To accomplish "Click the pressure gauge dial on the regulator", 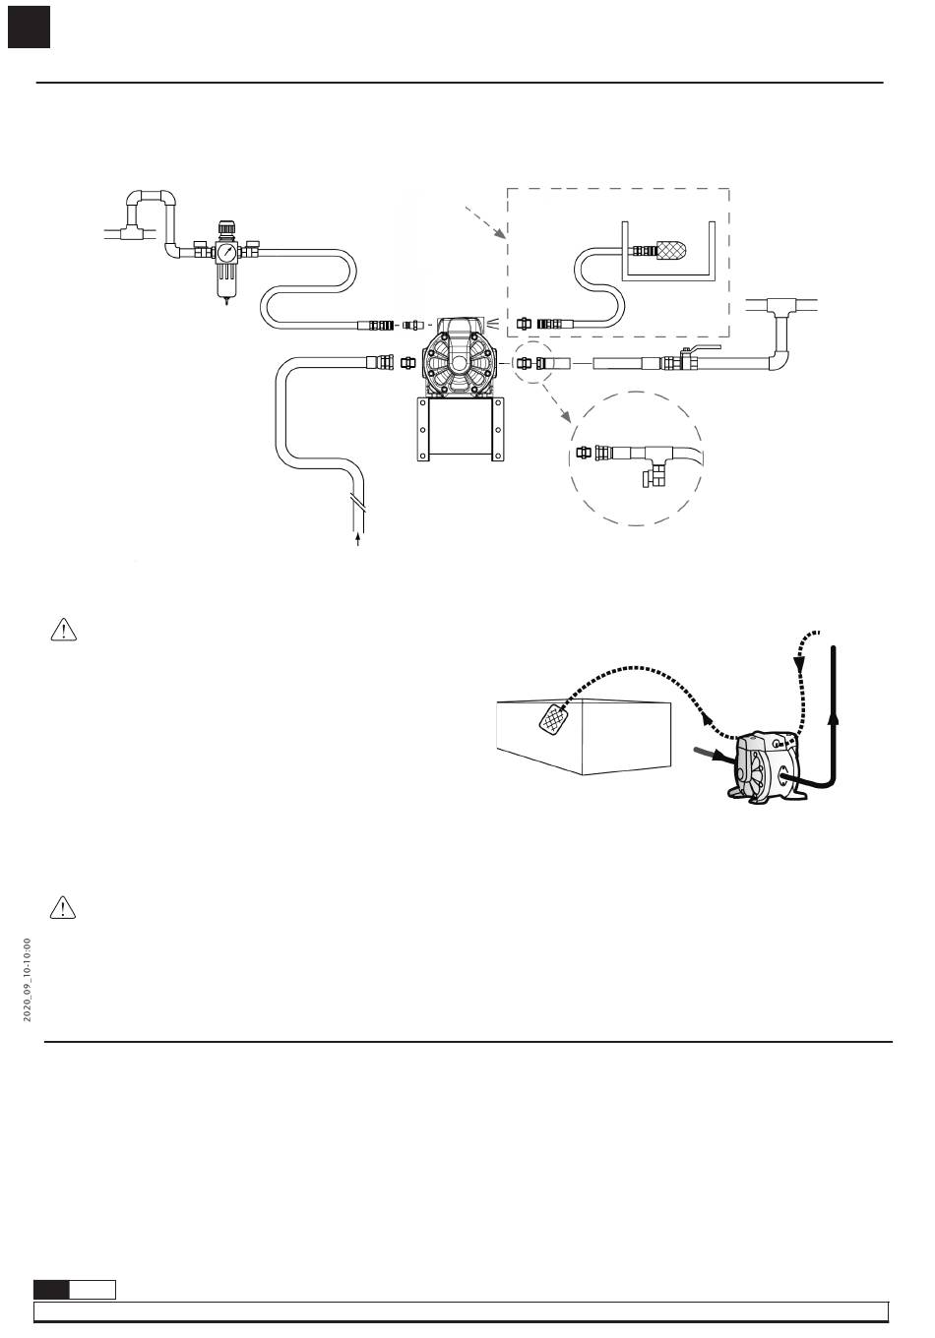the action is click(226, 252).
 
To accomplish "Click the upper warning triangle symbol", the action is click(64, 631).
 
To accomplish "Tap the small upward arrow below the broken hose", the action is click(358, 540).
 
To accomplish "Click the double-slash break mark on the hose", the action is click(357, 503).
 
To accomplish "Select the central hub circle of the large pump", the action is click(460, 363).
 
